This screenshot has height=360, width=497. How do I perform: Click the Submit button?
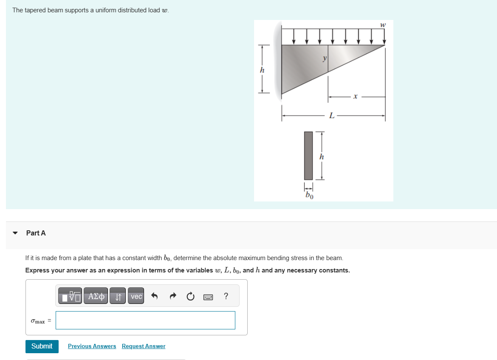[42, 346]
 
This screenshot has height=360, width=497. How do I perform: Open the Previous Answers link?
[92, 346]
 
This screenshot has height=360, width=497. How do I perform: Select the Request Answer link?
[144, 346]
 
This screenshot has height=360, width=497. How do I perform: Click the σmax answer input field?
[145, 320]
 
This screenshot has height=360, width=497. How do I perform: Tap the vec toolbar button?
[136, 296]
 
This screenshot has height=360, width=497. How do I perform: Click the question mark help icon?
[226, 296]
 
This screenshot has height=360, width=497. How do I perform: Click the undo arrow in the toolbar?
[155, 296]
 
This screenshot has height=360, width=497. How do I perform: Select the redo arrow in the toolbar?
[172, 296]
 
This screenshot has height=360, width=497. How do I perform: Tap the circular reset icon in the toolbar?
[190, 296]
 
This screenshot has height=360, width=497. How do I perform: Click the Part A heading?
[36, 233]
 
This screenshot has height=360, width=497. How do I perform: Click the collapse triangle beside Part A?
[16, 233]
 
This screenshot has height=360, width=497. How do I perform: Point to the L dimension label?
[332, 115]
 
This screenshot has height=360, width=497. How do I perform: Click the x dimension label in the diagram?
[356, 97]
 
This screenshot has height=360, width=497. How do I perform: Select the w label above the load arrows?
[383, 25]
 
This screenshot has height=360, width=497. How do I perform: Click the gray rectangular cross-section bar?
[308, 156]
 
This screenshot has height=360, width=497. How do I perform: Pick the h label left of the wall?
[262, 70]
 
